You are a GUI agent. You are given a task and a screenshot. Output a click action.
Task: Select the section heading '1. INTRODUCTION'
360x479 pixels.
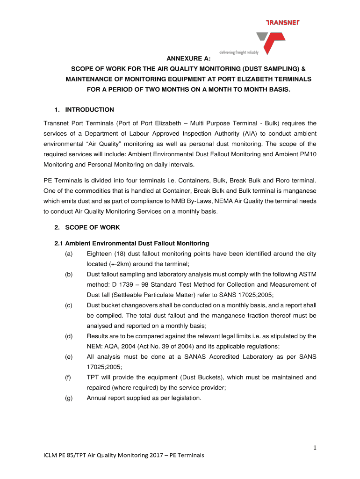pyautogui.click(x=84, y=110)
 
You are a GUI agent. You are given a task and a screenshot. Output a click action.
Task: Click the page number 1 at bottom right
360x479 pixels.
pyautogui.click(x=315, y=448)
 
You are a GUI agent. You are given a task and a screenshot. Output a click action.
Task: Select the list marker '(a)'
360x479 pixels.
pyautogui.click(x=69, y=254)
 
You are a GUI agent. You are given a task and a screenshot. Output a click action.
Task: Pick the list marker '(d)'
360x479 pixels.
pyautogui.click(x=69, y=336)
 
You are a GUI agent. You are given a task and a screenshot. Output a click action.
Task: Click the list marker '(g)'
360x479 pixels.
pyautogui.click(x=69, y=398)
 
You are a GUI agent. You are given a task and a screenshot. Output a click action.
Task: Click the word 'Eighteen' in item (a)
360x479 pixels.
pyautogui.click(x=100, y=254)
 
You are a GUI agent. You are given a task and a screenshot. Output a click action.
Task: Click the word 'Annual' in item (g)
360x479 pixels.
pyautogui.click(x=97, y=398)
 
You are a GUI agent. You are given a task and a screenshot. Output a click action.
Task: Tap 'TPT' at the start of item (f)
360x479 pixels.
pyautogui.click(x=94, y=377)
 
